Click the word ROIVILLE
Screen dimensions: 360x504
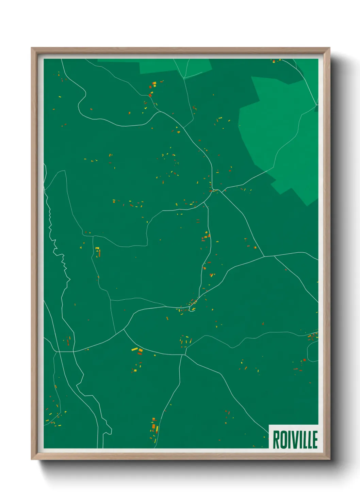click(x=295, y=440)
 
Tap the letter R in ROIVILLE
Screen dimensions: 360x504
click(x=276, y=440)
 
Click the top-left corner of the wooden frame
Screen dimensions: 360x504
click(x=32, y=48)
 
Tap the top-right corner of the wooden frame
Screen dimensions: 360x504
click(x=329, y=48)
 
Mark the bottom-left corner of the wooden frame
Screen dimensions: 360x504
click(x=32, y=459)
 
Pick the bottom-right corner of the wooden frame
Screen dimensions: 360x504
click(x=329, y=459)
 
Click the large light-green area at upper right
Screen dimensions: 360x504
click(x=279, y=129)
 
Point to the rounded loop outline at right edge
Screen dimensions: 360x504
click(x=312, y=351)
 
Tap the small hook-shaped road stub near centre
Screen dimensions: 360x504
click(x=193, y=309)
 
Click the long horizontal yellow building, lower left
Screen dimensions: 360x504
click(x=134, y=349)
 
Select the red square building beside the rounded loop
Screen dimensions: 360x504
click(x=305, y=360)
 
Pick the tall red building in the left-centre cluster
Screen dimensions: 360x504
click(x=99, y=253)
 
